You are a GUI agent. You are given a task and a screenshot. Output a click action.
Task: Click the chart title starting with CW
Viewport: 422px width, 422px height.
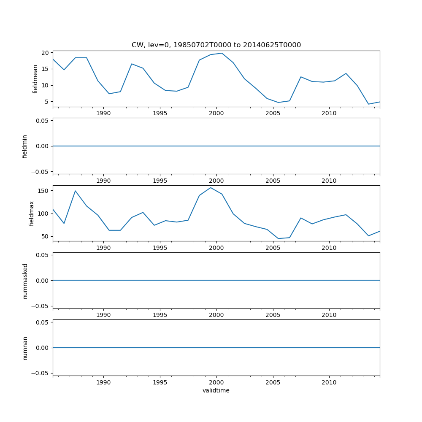click(x=216, y=45)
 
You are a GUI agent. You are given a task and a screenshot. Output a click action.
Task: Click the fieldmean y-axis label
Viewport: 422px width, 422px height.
click(x=35, y=79)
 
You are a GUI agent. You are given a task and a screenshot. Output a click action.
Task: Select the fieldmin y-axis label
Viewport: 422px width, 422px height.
click(x=25, y=146)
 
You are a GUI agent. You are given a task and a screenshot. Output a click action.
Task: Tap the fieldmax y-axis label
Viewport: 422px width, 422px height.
click(x=31, y=213)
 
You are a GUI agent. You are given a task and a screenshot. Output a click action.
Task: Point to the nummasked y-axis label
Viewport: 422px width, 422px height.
click(x=25, y=281)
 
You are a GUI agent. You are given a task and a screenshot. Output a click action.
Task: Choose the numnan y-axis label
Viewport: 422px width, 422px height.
click(x=25, y=348)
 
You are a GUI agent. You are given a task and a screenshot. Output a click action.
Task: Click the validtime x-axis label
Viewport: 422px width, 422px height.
click(x=216, y=390)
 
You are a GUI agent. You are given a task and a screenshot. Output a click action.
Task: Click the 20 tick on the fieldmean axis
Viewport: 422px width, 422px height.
click(x=45, y=53)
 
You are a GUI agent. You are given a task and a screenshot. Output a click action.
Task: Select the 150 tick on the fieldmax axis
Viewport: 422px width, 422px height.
click(x=43, y=191)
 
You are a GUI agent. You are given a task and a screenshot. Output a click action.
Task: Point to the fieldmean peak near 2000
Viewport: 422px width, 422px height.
click(x=222, y=53)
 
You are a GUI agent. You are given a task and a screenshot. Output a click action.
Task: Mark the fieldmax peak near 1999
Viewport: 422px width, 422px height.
click(x=211, y=188)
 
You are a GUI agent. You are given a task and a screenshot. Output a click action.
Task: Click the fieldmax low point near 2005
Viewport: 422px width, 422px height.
click(x=278, y=238)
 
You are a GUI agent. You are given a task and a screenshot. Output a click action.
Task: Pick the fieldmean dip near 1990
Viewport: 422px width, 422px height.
click(x=109, y=94)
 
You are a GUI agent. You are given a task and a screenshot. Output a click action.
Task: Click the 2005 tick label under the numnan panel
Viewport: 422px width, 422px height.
click(x=273, y=382)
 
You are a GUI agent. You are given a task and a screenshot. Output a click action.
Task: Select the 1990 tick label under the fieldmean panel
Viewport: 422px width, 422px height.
click(x=103, y=113)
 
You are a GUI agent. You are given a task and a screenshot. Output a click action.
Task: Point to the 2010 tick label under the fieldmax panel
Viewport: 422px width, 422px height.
click(x=329, y=248)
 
